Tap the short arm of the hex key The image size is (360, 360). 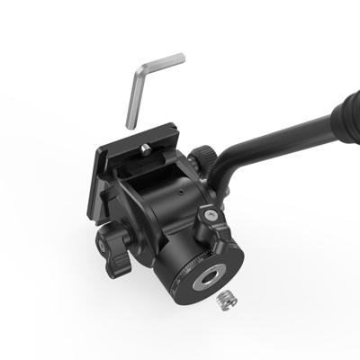point(162,63)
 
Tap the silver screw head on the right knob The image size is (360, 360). point(209,216)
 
